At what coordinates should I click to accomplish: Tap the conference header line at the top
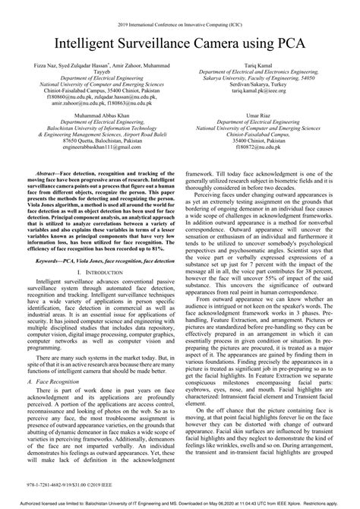(x=179, y=25)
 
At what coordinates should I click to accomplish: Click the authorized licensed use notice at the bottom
(x=179, y=502)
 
